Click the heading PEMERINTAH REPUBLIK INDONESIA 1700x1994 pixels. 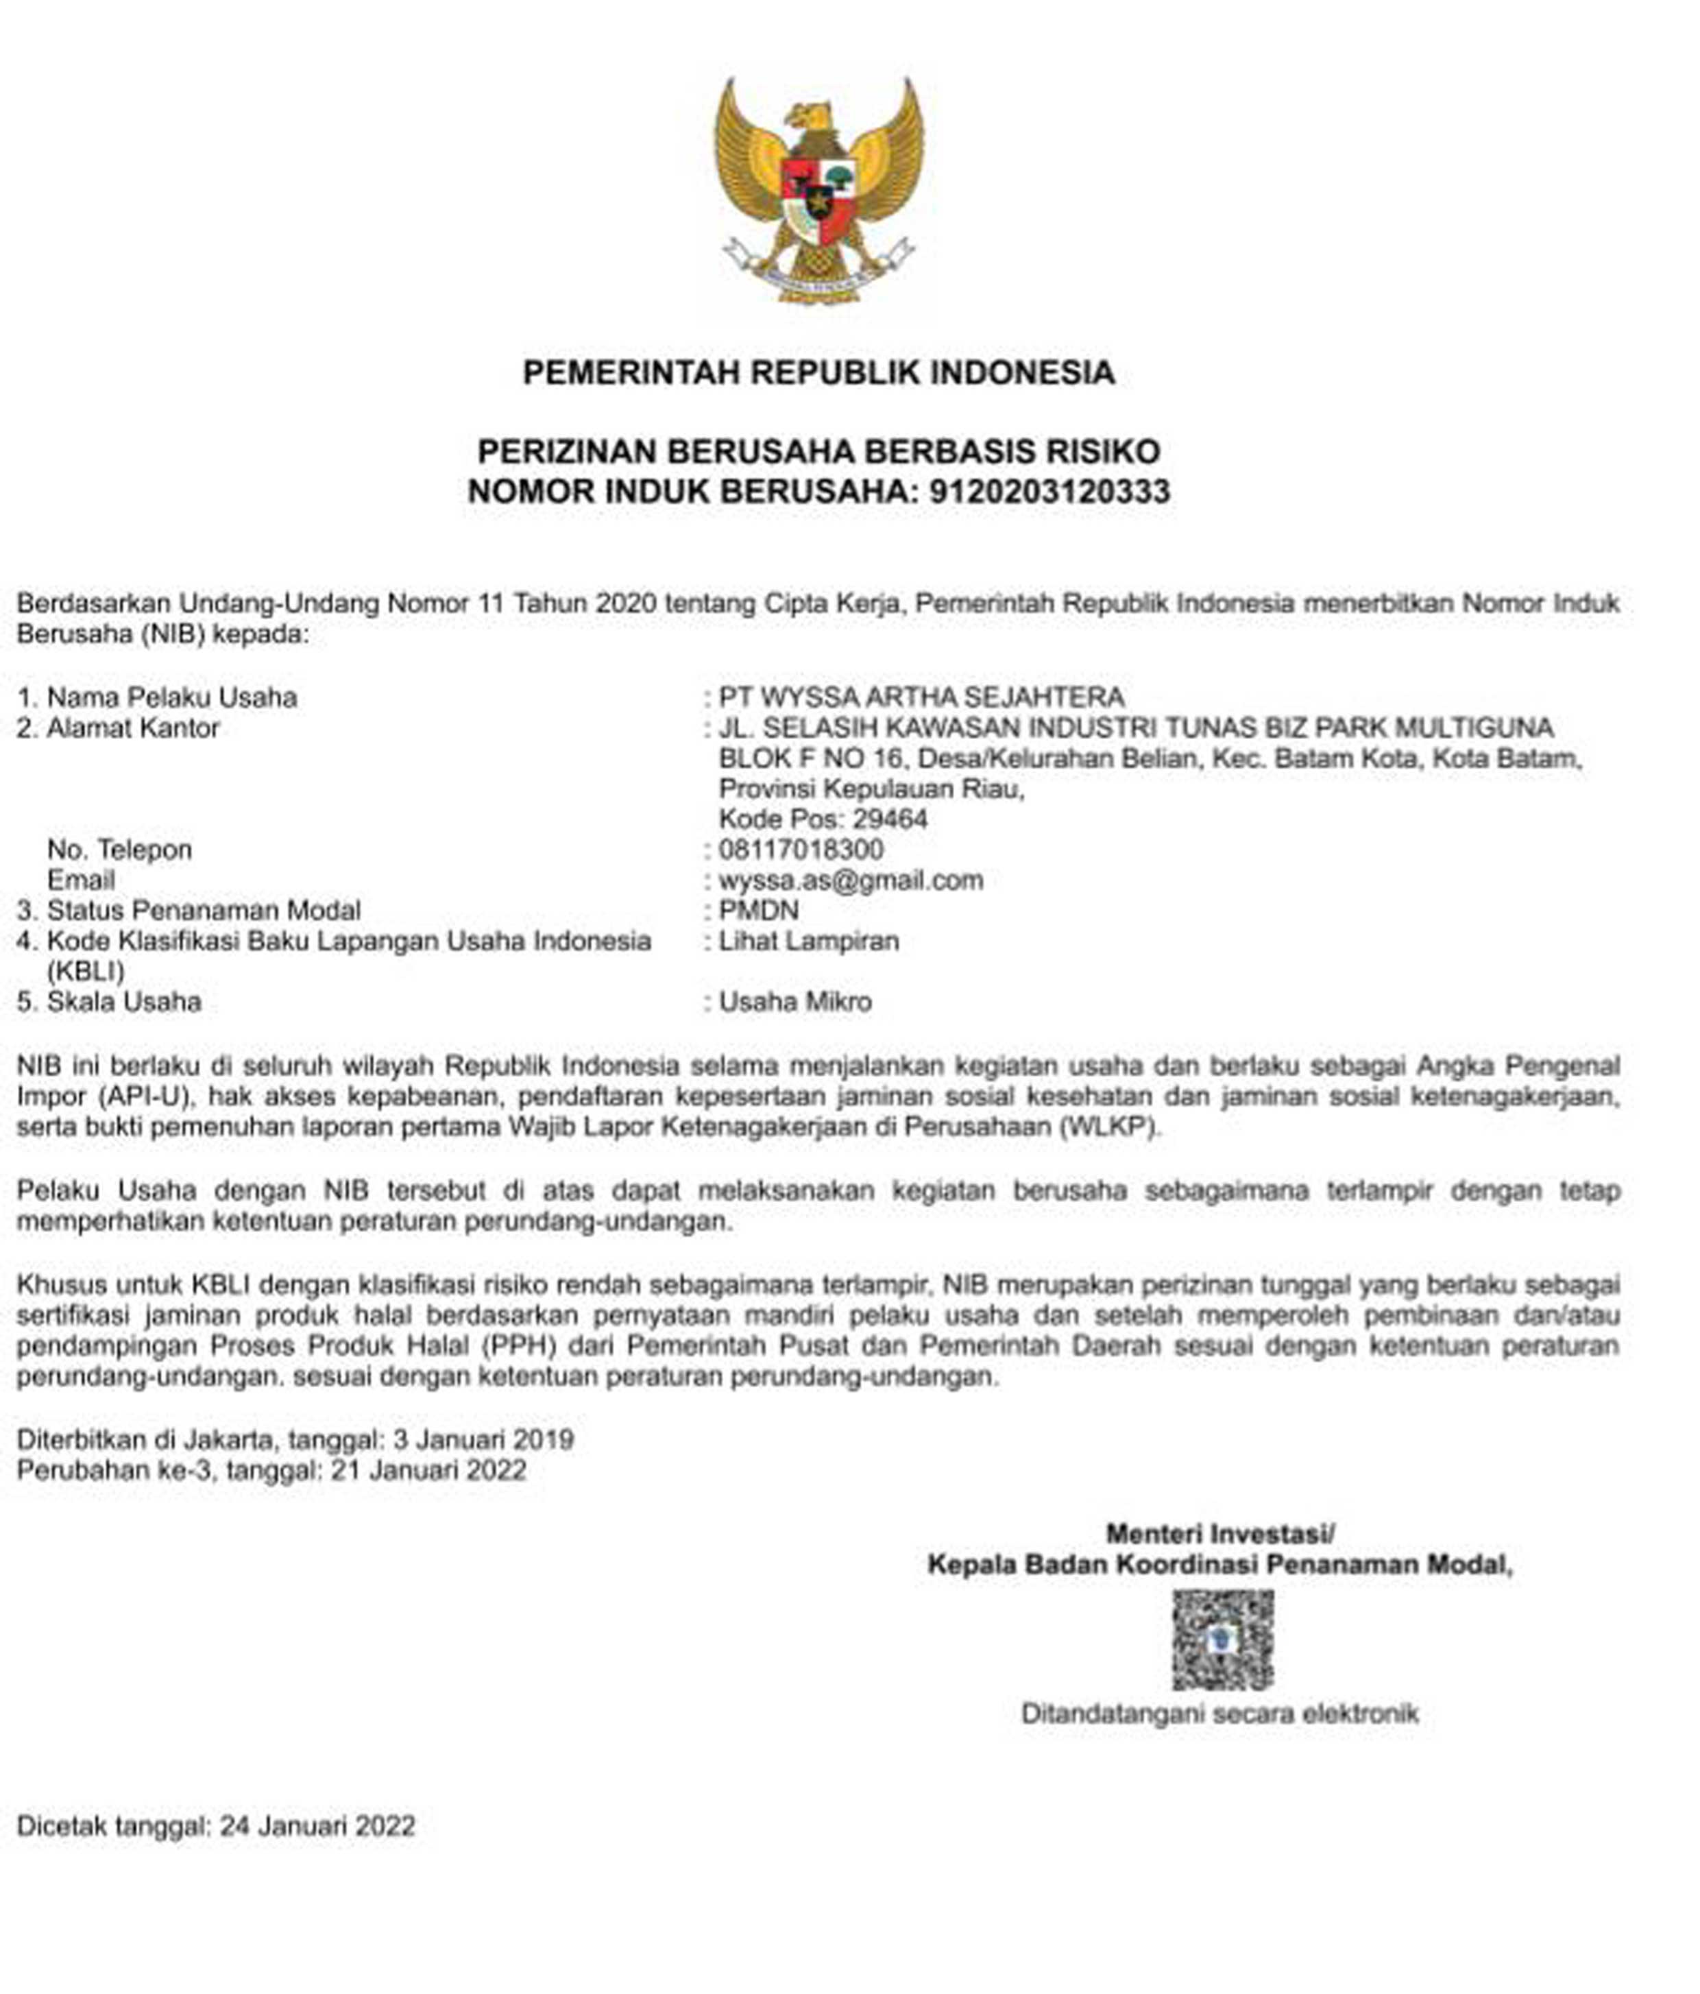point(818,372)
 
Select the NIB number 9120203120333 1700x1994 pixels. point(1049,491)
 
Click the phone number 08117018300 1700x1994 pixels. point(801,849)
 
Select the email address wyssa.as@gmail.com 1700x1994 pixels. point(851,880)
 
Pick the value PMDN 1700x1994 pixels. point(758,911)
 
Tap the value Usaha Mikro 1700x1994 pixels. point(794,1002)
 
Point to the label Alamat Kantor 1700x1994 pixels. point(133,728)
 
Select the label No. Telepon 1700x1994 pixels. point(119,849)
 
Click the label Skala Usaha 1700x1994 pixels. point(124,1002)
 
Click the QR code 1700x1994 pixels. point(1222,1640)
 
